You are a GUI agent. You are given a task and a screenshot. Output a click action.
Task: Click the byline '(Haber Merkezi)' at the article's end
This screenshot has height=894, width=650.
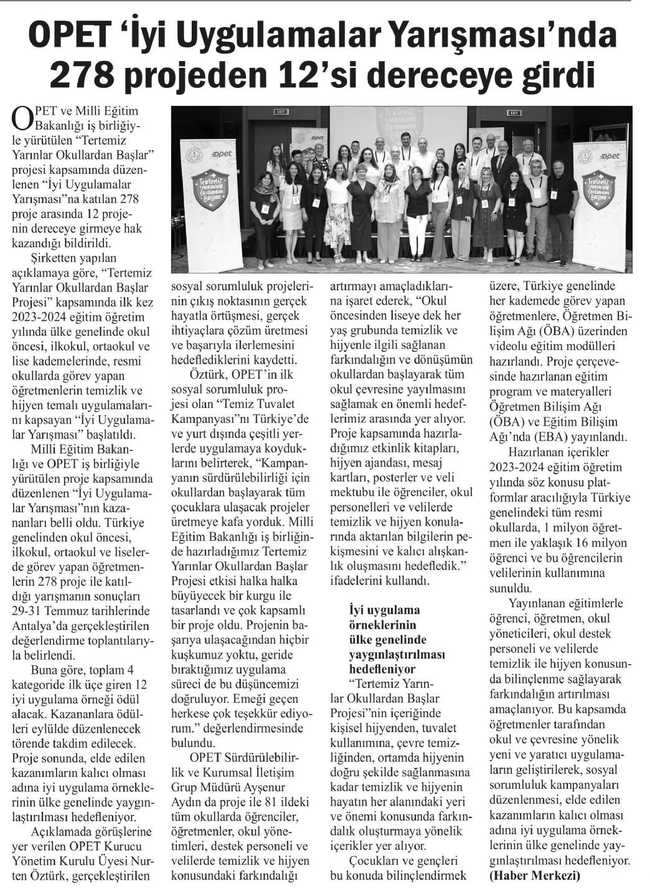[x=535, y=875]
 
